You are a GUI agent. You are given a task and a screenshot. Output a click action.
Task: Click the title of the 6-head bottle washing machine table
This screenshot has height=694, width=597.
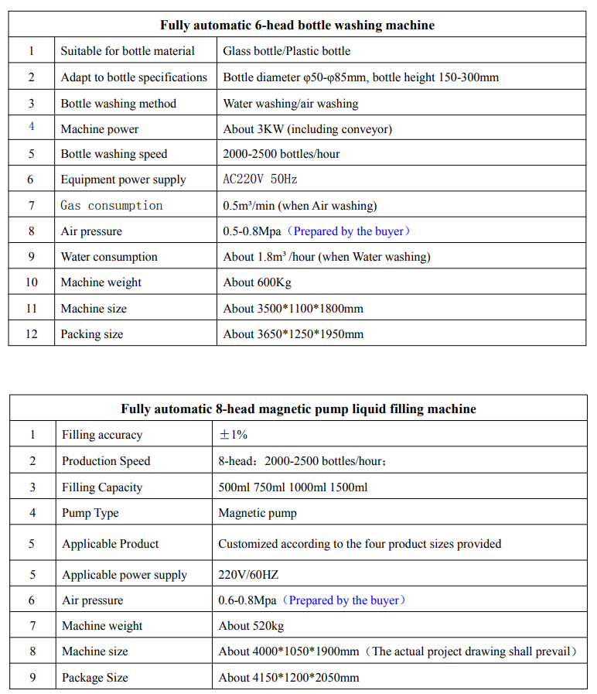(x=297, y=26)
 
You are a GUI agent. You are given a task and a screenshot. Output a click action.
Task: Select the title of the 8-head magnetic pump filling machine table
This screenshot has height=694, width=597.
(x=298, y=409)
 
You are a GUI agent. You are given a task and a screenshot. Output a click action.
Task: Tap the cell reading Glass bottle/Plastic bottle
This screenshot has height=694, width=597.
(x=286, y=51)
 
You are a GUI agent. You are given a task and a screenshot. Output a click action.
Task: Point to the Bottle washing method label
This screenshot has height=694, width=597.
(x=118, y=104)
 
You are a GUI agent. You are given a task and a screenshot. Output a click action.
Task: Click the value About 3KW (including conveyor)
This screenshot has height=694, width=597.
(x=307, y=129)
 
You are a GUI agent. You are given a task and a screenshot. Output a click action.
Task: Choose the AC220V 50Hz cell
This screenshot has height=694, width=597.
(x=260, y=179)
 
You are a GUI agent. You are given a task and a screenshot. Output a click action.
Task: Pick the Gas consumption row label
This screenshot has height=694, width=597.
(x=111, y=206)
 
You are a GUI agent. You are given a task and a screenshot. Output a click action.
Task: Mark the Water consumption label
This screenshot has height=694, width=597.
(x=109, y=257)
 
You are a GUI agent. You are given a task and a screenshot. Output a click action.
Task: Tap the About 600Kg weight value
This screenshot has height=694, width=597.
(x=257, y=282)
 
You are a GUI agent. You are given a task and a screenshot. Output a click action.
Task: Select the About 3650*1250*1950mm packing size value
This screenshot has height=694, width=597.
(x=293, y=334)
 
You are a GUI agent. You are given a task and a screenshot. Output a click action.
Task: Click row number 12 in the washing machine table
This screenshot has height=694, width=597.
(x=31, y=334)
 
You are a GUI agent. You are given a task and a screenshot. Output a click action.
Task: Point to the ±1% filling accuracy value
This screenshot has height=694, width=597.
(x=234, y=435)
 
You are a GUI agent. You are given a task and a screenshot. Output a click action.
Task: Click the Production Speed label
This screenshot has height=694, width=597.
(x=106, y=461)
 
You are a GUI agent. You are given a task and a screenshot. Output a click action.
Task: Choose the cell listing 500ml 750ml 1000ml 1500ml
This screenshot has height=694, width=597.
(x=293, y=487)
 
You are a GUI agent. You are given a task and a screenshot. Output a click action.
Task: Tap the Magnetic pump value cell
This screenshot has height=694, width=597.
(x=258, y=513)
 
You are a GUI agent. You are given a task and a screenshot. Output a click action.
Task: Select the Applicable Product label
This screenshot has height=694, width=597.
(x=111, y=544)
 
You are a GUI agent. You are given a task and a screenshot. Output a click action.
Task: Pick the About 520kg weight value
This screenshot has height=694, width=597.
(x=251, y=626)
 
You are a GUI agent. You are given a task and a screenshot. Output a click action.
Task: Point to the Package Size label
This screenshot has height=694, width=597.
(x=95, y=678)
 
